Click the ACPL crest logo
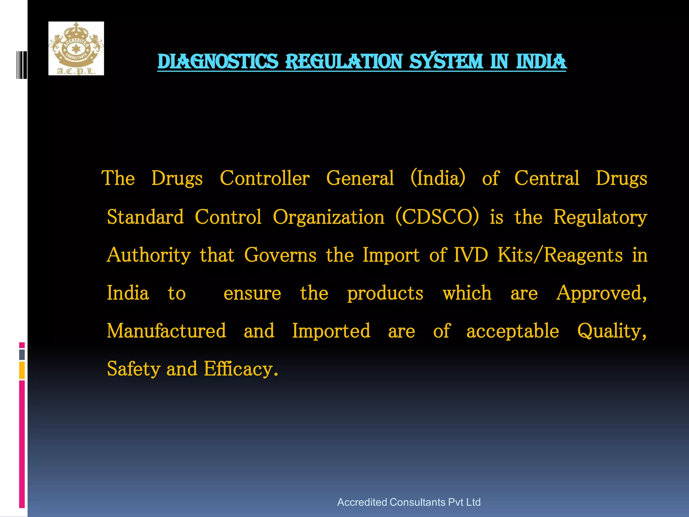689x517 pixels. coord(76,48)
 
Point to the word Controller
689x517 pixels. coord(264,178)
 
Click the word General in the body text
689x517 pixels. coord(360,178)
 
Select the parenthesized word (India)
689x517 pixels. coord(438,178)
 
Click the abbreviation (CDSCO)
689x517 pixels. coord(437,217)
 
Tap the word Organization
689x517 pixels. coord(328,217)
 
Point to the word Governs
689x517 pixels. coord(280,255)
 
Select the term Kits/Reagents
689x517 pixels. coord(560,255)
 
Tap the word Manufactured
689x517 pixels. coord(167,331)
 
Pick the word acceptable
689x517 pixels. coord(513,332)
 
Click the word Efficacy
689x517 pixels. coord(241,369)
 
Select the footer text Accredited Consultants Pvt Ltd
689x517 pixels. coord(409,502)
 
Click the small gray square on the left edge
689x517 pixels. coord(22,354)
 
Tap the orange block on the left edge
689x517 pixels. coord(22,370)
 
